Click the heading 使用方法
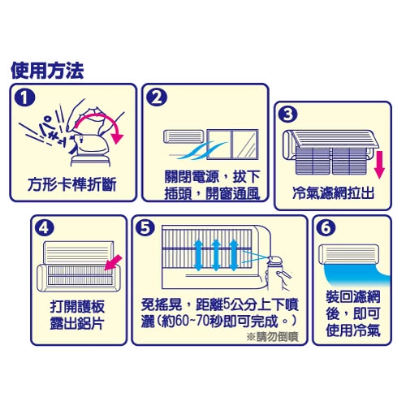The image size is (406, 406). point(47,71)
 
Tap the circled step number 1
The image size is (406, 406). point(25,97)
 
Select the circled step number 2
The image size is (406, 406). point(157,97)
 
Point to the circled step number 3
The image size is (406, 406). point(288,114)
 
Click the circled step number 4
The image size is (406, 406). point(45,228)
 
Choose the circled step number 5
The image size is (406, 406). point(145,228)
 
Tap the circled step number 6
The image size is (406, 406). point(326,228)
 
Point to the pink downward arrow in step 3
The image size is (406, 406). point(379,165)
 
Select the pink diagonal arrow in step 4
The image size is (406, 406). point(113,262)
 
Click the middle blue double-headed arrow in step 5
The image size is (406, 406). point(216,255)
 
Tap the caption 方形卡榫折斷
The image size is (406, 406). point(72,184)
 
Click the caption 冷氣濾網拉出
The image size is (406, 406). point(333,193)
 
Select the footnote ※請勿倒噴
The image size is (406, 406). point(273,337)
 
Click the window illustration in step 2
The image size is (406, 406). point(233,145)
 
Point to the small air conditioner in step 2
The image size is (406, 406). point(184,136)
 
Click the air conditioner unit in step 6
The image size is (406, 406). point(349,254)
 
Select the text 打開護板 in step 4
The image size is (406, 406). point(77,306)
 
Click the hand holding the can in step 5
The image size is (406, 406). point(279,279)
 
